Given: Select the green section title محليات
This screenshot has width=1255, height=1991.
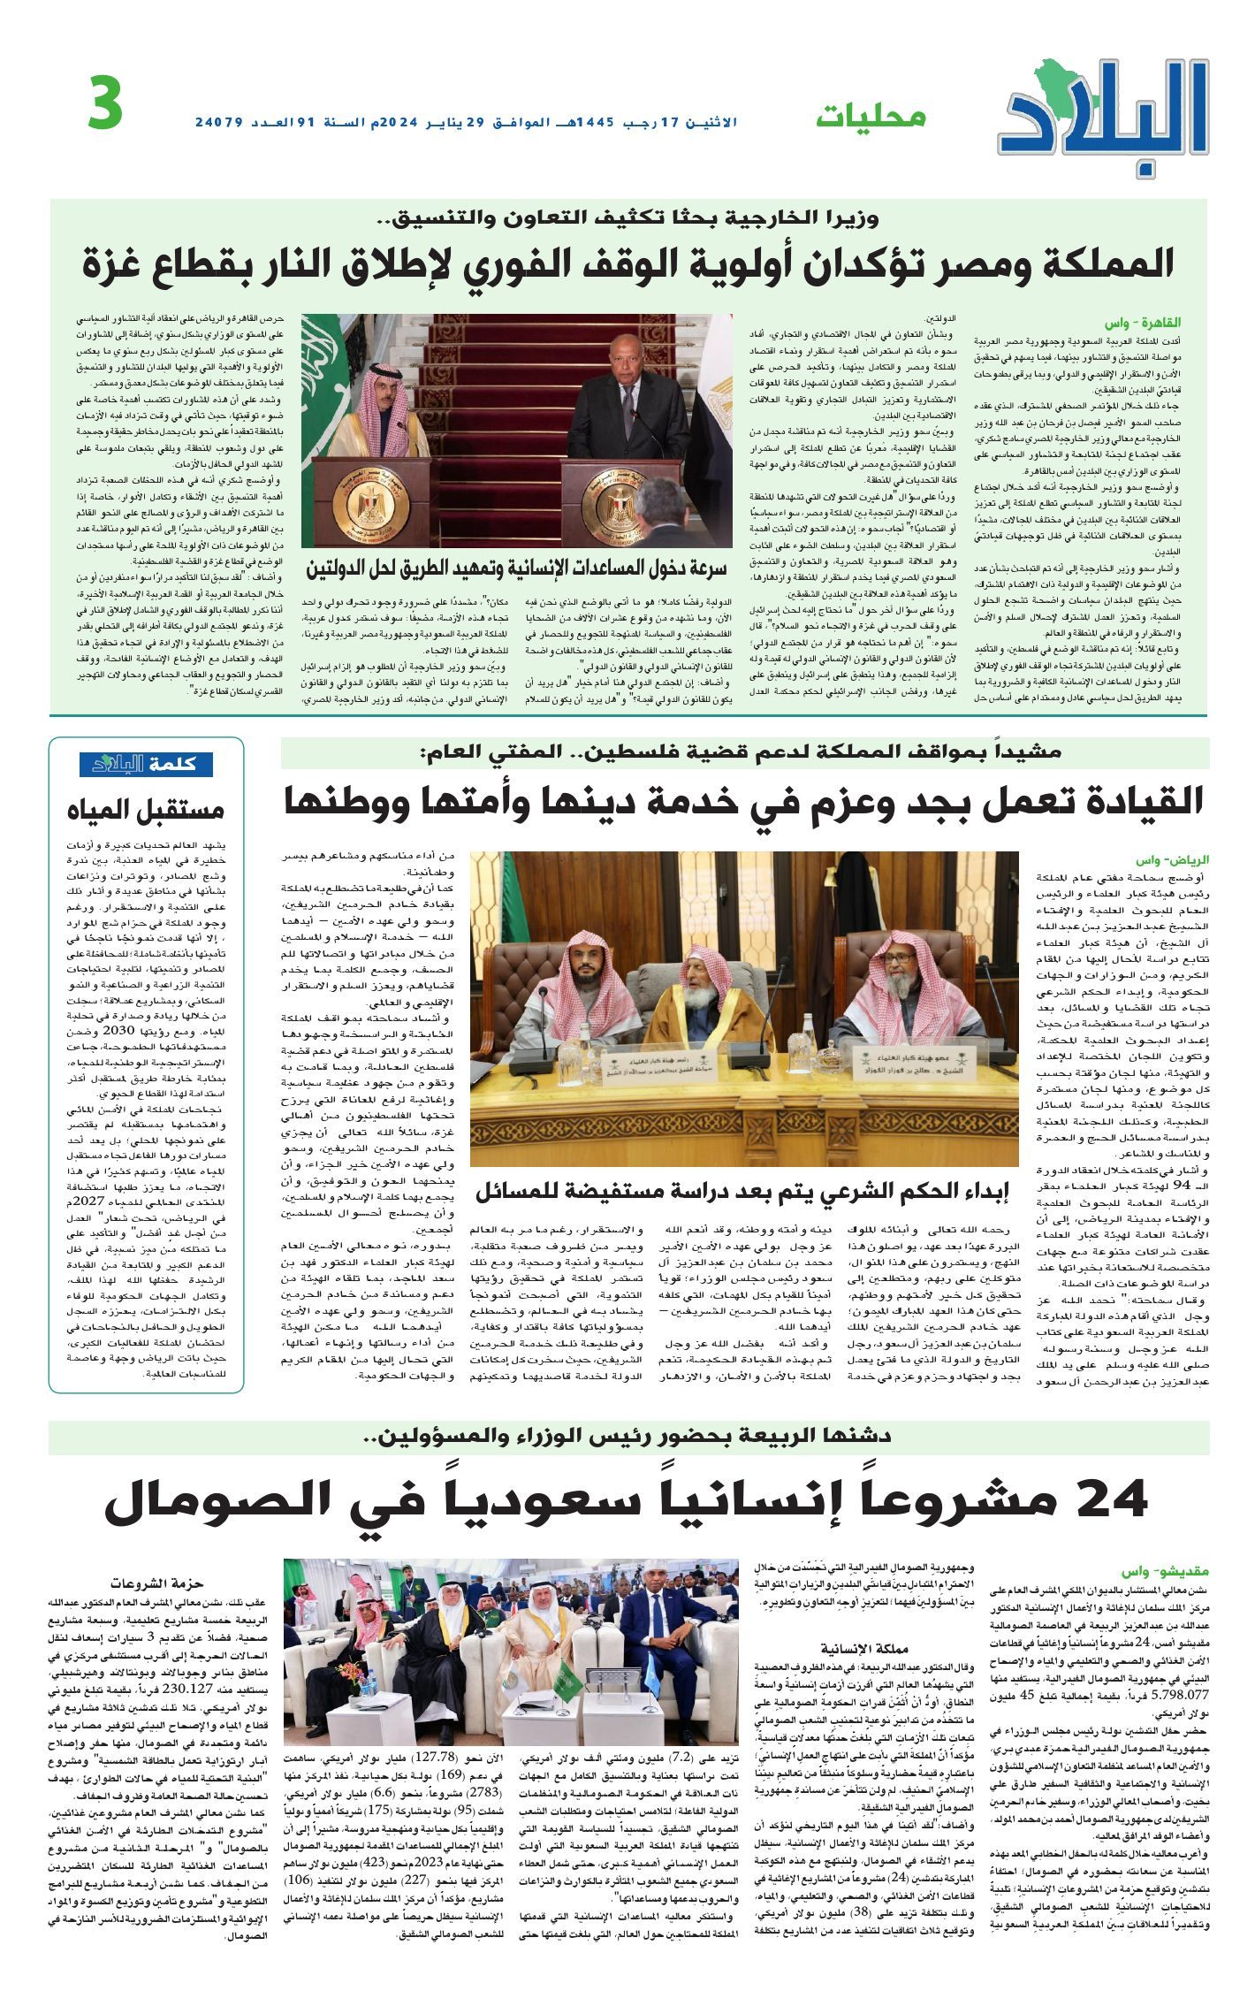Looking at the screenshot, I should click(x=871, y=116).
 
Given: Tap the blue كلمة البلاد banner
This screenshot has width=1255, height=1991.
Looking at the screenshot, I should click(x=146, y=764).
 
